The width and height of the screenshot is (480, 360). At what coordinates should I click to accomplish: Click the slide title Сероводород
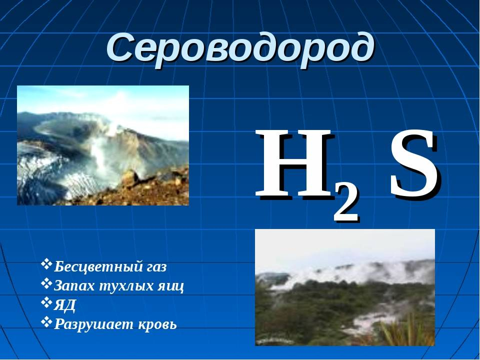(x=240, y=49)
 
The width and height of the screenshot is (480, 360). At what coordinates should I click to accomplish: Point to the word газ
(x=154, y=267)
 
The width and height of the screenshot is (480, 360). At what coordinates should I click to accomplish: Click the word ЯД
(x=64, y=305)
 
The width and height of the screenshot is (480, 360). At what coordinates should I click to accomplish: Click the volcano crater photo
(x=103, y=145)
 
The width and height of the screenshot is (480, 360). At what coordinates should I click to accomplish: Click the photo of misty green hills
(x=345, y=287)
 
